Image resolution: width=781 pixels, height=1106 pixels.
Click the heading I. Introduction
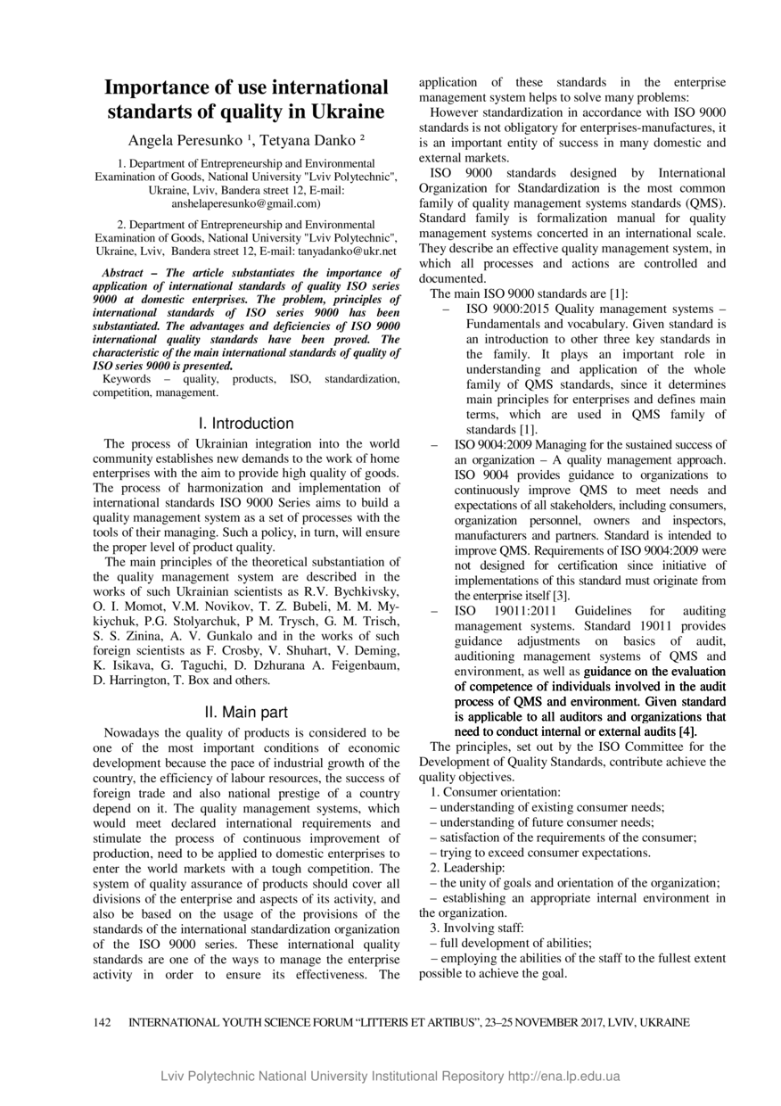(246, 424)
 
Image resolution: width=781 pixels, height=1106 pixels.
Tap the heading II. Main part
(246, 712)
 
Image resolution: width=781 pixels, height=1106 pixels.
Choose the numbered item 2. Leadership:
(466, 868)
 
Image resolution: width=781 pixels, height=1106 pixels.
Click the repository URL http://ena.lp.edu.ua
(563, 1077)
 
